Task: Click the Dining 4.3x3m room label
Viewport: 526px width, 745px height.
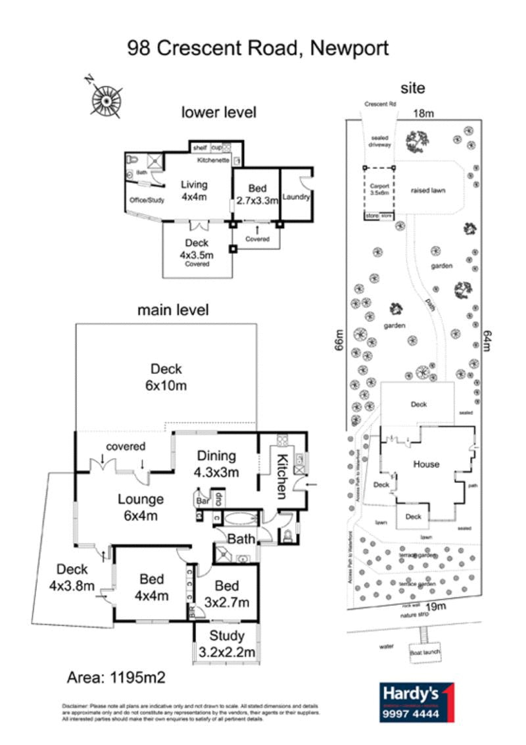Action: tap(216, 464)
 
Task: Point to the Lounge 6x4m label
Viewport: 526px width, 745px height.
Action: tap(140, 507)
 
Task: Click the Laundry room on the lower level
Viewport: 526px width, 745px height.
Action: tap(296, 196)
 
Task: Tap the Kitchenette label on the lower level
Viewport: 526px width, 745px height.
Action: tap(212, 160)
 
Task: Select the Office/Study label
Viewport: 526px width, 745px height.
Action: tap(145, 200)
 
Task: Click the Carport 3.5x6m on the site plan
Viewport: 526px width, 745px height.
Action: tap(379, 189)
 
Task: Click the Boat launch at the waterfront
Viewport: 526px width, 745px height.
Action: tap(424, 652)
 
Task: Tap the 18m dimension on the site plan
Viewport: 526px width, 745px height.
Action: tap(424, 113)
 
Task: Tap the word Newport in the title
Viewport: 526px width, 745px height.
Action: tap(349, 48)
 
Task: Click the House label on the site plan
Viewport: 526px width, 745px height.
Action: tap(426, 464)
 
